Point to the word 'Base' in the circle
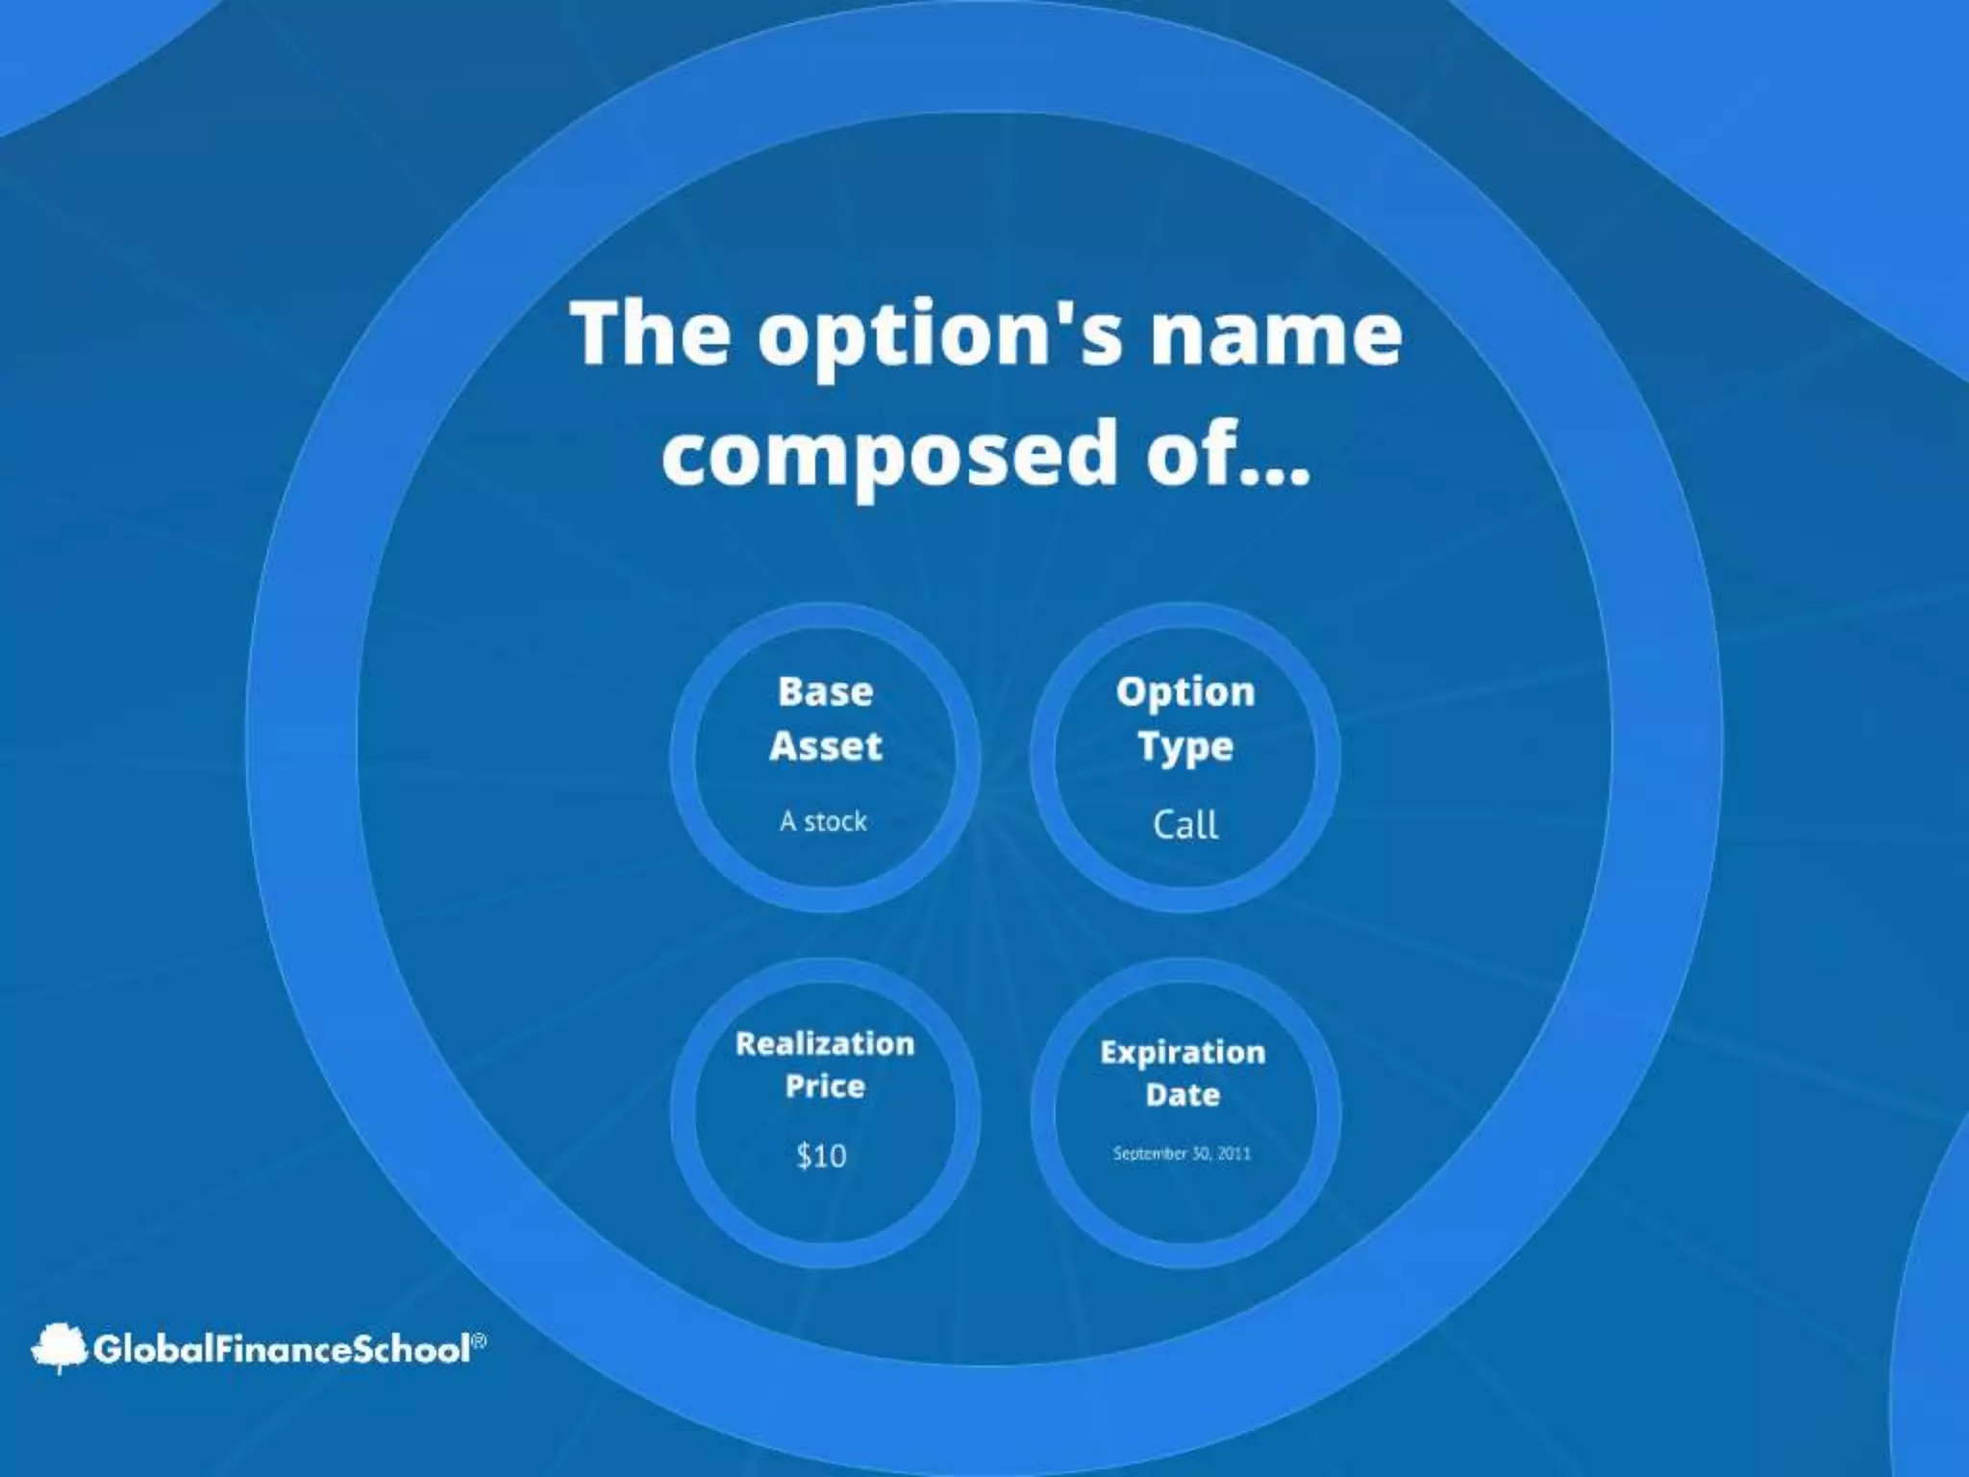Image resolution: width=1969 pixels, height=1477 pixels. coord(825,691)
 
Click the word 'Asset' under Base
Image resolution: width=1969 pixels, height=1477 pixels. coord(825,746)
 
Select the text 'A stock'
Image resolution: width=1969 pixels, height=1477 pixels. coord(823,821)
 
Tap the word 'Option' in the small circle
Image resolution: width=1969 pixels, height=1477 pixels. coord(1184,691)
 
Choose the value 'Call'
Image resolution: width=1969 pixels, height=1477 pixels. coord(1184,824)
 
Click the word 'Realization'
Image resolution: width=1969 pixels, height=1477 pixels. coord(824,1043)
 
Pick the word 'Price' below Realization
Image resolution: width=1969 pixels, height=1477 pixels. coord(824,1087)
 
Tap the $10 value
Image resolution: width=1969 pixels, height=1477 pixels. coord(821,1155)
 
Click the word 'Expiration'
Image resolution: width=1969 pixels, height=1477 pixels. coord(1183,1052)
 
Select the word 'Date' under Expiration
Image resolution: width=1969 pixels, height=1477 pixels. coord(1183,1094)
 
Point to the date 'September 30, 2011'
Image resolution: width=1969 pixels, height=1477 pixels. coord(1182,1153)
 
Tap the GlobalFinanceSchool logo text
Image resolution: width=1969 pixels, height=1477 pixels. coord(282,1349)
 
